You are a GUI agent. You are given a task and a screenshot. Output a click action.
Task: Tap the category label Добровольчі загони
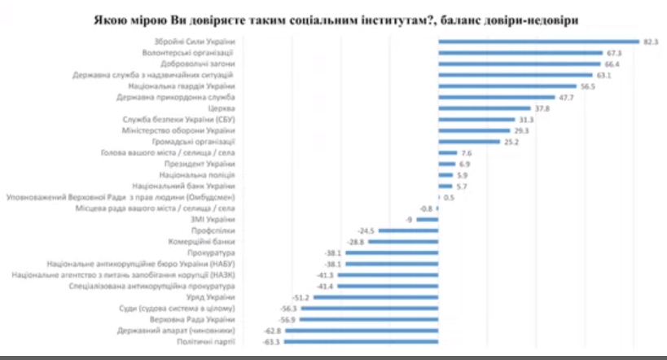pyautogui.click(x=196, y=63)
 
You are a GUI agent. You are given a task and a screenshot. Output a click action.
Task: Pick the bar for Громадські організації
pyautogui.click(x=469, y=141)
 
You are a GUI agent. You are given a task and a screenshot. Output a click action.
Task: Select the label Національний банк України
pyautogui.click(x=191, y=186)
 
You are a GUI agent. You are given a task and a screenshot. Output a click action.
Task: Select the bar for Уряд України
pyautogui.click(x=376, y=298)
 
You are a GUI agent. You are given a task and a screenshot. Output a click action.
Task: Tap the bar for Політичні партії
pyautogui.click(x=362, y=343)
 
